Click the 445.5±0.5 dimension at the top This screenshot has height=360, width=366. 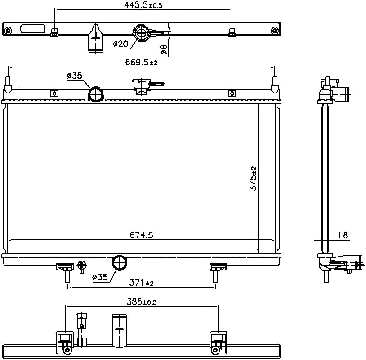click(x=143, y=5)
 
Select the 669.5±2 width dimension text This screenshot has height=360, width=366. click(x=142, y=63)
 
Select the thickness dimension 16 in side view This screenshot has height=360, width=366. click(x=342, y=235)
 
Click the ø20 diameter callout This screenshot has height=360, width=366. click(x=120, y=44)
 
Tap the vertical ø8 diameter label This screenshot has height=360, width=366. click(x=164, y=49)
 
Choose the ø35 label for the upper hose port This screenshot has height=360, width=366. click(x=74, y=76)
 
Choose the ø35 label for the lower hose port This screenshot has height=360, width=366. click(x=100, y=277)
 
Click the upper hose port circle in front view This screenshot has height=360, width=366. click(x=95, y=94)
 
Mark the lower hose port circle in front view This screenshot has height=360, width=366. click(x=119, y=262)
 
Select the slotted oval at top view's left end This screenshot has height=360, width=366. click(x=32, y=30)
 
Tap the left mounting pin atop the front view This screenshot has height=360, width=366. click(x=8, y=83)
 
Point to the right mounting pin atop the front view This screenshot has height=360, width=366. click(x=275, y=83)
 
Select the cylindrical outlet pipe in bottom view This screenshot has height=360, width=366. click(x=119, y=330)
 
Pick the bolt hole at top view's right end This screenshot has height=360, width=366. click(x=274, y=31)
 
